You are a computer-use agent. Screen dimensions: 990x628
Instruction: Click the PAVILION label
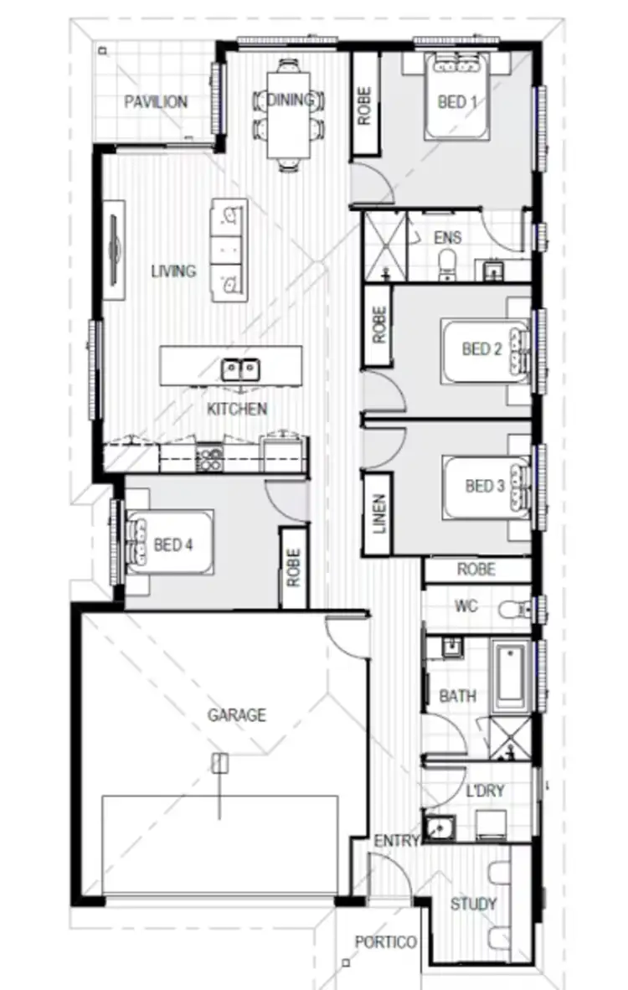[x=156, y=102]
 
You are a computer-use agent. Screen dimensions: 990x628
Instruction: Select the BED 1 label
[x=457, y=102]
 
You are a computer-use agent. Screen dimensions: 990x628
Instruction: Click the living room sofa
[x=229, y=250]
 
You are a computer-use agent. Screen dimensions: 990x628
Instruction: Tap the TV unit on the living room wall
[x=115, y=249]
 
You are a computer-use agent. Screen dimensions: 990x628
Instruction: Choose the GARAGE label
[x=237, y=715]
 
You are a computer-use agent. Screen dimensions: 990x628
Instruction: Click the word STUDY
[x=473, y=905]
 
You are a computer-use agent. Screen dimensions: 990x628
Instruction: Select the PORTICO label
[x=385, y=942]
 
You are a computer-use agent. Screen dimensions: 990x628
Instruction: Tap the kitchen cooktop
[x=209, y=457]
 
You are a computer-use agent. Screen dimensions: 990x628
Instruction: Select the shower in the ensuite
[x=383, y=247]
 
